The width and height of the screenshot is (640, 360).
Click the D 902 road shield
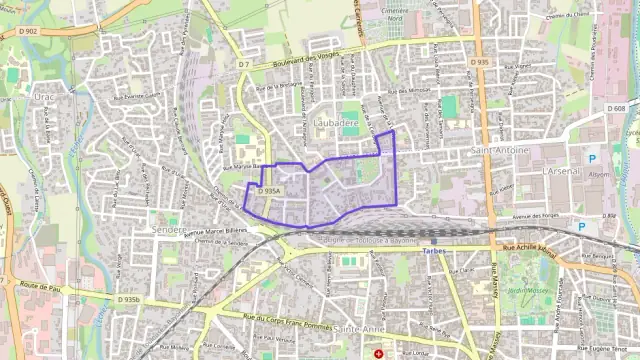coord(27,31)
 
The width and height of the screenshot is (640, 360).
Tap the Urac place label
coord(44,97)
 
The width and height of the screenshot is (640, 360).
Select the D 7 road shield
coord(243,65)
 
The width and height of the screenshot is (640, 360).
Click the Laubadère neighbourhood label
coord(335,122)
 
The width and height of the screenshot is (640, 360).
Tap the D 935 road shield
coord(480,62)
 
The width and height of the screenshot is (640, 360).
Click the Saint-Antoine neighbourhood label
coord(497,150)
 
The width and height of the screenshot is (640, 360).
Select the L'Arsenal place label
coord(559,171)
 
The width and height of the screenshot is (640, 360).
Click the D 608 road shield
coord(617,108)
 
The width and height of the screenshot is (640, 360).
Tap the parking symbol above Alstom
coord(592,158)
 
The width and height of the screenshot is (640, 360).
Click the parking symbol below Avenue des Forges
coord(581,227)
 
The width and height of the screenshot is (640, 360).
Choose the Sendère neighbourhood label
coord(169,228)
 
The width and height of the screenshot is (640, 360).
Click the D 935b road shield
coord(130,299)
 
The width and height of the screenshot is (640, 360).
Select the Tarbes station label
coord(435,251)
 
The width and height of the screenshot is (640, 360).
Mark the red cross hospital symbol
coord(378,353)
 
